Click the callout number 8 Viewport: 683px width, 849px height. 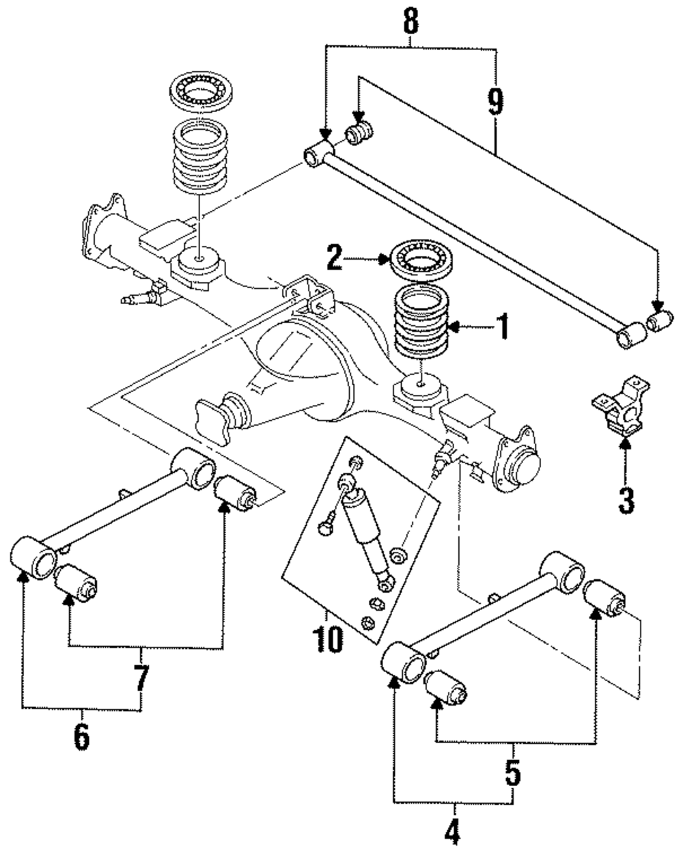point(410,21)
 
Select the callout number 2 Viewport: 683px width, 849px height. point(335,258)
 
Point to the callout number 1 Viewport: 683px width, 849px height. point(503,326)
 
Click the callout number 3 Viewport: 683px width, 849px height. point(626,500)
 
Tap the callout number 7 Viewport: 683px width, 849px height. point(141,678)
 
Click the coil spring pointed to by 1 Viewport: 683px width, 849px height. point(421,322)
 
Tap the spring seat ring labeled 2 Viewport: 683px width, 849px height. point(421,262)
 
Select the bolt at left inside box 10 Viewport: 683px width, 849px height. point(326,525)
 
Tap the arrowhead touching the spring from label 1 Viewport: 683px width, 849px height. point(454,326)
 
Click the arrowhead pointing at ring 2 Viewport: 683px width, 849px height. point(385,259)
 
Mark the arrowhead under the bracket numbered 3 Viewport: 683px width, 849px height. point(625,443)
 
